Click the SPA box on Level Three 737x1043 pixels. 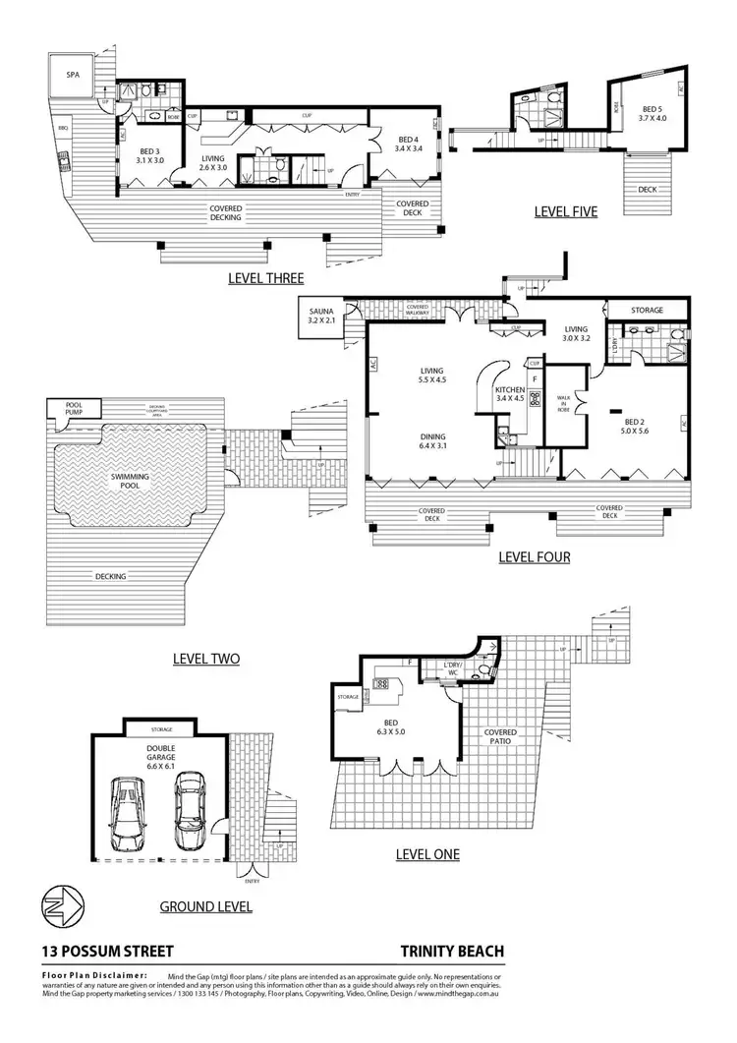[74, 75]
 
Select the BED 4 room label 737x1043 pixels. [409, 144]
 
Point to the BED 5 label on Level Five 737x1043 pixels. [653, 113]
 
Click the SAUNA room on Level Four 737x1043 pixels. [321, 315]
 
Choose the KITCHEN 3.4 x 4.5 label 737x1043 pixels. [512, 394]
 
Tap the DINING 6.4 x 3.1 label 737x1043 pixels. [432, 441]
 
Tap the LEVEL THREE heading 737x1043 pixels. [264, 278]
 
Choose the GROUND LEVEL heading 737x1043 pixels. [205, 906]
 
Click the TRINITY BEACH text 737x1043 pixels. [452, 951]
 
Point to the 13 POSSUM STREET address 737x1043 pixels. [107, 951]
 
